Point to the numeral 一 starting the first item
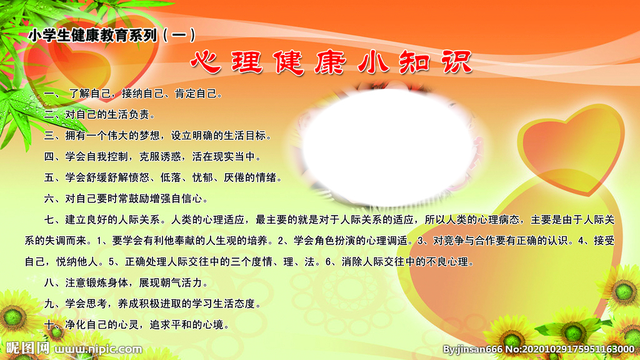pyautogui.click(x=49, y=94)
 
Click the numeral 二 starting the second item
pyautogui.click(x=49, y=114)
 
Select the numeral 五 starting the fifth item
pyautogui.click(x=49, y=177)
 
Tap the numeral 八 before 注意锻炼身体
pyautogui.click(x=49, y=282)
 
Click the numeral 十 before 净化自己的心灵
pyautogui.click(x=49, y=324)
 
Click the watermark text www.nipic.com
pyautogui.click(x=99, y=349)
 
